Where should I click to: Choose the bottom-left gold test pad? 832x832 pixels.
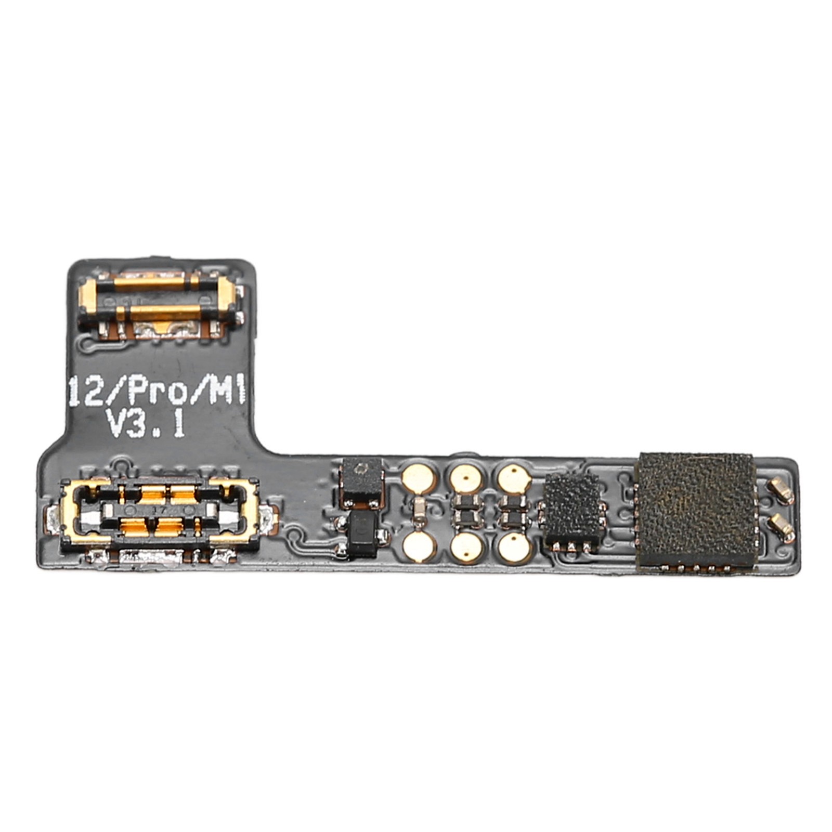(x=420, y=548)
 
